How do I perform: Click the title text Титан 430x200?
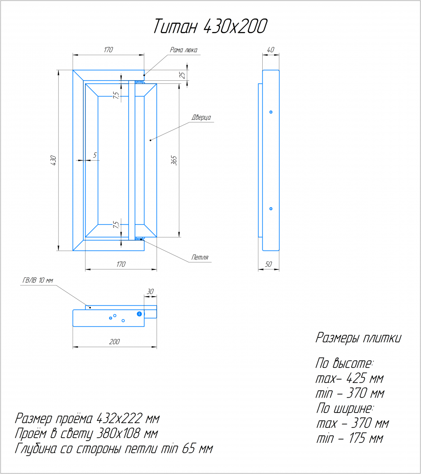(210, 26)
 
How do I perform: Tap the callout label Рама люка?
(183, 50)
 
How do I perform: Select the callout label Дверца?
(201, 118)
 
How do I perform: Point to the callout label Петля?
(200, 258)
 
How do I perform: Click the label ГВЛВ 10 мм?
(38, 280)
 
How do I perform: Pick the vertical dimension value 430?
(54, 160)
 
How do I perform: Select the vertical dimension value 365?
(174, 160)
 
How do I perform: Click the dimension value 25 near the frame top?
(182, 75)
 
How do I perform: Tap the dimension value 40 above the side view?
(271, 50)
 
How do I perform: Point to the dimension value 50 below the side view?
(268, 264)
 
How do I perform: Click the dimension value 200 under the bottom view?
(114, 341)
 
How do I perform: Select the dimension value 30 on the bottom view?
(150, 291)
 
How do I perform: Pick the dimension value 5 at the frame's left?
(95, 155)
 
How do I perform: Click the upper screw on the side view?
(271, 112)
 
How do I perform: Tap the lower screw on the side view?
(271, 209)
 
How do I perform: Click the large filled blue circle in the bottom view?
(139, 314)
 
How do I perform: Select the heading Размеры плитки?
(358, 338)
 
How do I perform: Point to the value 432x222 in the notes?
(119, 419)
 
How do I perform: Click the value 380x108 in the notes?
(118, 434)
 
